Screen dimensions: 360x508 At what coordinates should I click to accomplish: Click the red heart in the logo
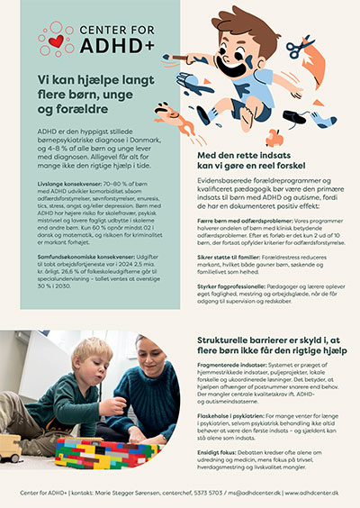click(58, 41)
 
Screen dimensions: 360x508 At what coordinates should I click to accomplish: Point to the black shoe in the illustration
click(298, 118)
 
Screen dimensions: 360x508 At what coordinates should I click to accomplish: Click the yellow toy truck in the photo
click(11, 447)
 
